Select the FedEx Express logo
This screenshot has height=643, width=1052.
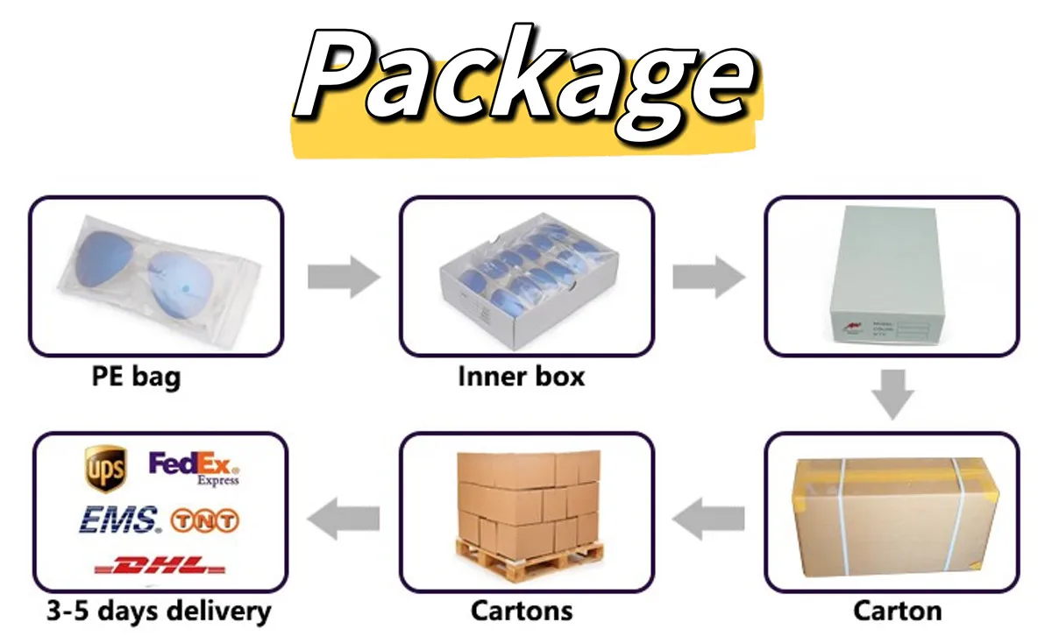(x=195, y=468)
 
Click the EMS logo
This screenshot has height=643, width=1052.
(x=120, y=519)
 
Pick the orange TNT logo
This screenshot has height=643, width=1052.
(x=205, y=521)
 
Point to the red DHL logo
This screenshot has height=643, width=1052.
(x=159, y=565)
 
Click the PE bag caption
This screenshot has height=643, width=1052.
(x=136, y=378)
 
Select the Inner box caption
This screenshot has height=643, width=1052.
(x=521, y=378)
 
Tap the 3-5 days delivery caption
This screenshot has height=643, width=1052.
(x=159, y=611)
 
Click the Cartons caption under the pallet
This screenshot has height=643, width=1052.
(x=522, y=611)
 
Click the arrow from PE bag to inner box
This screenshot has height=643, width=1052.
(x=344, y=279)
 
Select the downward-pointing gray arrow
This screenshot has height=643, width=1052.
(x=892, y=394)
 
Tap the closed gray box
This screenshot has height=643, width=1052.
(x=885, y=276)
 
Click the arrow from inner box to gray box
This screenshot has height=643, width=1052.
(x=708, y=279)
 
